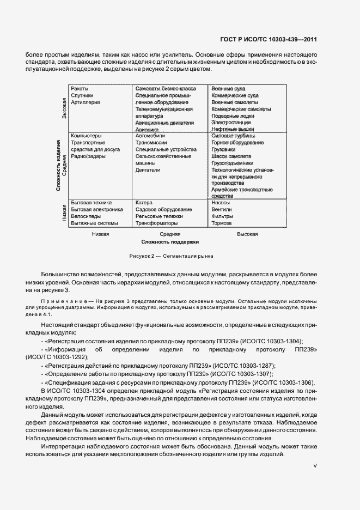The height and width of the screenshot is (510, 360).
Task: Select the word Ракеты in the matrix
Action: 80,88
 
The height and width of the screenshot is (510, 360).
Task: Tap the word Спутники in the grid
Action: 82,95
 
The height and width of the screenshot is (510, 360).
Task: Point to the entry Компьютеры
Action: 86,136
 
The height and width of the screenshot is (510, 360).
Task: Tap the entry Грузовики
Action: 223,149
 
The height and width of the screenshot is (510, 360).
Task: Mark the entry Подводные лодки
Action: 233,116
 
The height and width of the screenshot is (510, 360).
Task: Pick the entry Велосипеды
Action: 86,216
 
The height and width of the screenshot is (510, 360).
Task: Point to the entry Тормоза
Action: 221,223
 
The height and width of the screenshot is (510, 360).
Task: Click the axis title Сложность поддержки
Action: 170,241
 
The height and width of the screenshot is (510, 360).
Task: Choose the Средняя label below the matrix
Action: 170,234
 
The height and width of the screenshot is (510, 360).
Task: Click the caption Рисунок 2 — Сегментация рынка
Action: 171,256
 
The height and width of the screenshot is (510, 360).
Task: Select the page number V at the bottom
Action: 315,466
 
